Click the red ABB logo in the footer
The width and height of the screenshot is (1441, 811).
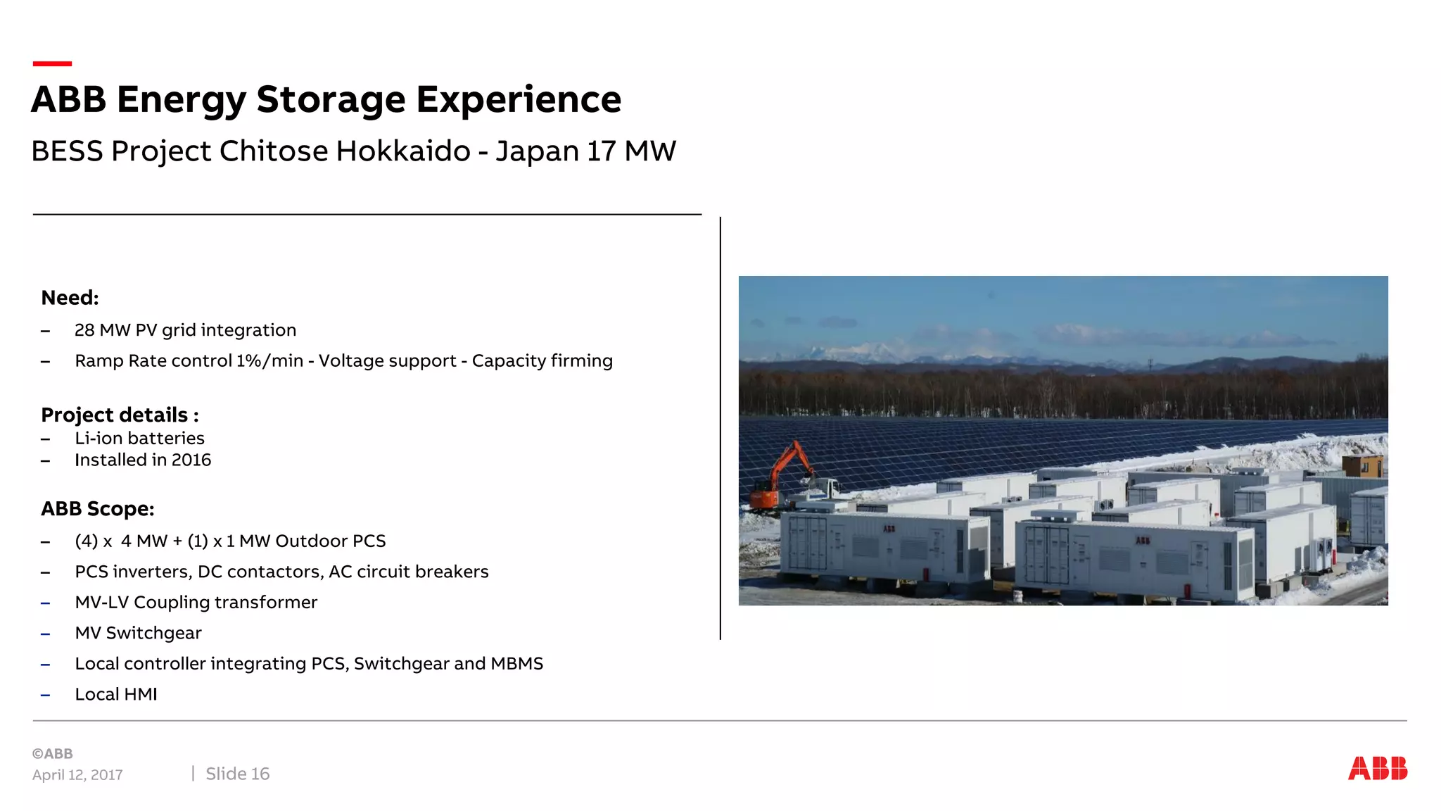click(x=1377, y=768)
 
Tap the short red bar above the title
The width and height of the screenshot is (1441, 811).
click(x=52, y=63)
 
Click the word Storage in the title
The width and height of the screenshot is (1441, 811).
click(x=331, y=99)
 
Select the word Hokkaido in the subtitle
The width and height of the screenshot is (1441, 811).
click(x=403, y=151)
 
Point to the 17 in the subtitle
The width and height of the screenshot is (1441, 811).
click(x=601, y=151)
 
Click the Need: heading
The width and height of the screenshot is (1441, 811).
click(x=70, y=298)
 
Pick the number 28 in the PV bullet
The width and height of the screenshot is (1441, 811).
click(x=84, y=330)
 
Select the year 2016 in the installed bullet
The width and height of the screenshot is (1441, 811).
click(x=191, y=460)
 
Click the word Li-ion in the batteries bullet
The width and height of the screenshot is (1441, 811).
click(x=99, y=439)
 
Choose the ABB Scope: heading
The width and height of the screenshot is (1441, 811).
click(x=97, y=509)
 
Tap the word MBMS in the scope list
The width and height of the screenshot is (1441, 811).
click(x=517, y=664)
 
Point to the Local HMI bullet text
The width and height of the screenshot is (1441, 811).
click(x=116, y=694)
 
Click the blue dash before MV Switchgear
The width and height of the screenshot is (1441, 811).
click(x=46, y=634)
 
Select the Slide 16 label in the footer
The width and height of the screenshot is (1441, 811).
click(x=237, y=774)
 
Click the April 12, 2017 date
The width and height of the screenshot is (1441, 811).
click(x=77, y=775)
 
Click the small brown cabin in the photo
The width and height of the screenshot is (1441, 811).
click(x=1363, y=465)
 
